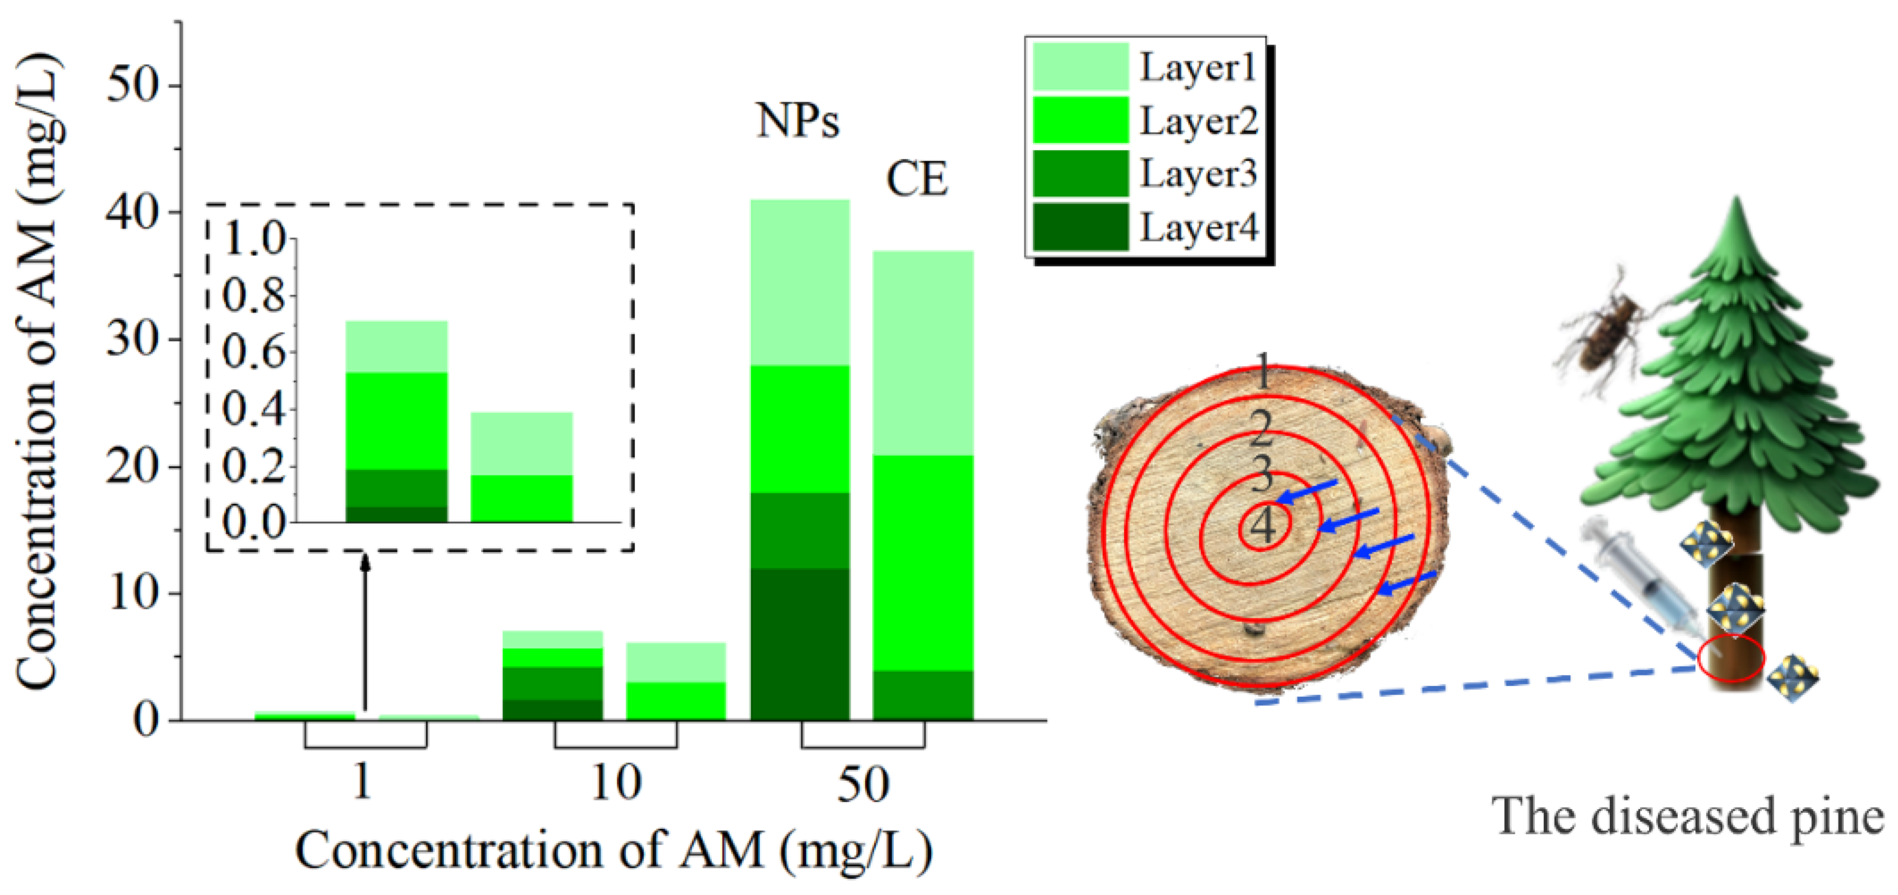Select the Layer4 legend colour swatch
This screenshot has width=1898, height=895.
1080,227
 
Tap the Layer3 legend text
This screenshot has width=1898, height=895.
1198,174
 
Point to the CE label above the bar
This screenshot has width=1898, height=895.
916,179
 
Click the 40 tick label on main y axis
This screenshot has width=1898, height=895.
133,214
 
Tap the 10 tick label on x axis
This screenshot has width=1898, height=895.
616,784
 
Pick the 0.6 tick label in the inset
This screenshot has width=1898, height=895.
254,353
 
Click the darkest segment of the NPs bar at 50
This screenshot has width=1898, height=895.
799,643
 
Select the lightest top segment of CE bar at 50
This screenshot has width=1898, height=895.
923,353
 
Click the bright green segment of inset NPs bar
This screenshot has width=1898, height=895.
396,421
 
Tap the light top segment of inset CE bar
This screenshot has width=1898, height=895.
521,443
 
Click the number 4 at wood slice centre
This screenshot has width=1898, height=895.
1263,526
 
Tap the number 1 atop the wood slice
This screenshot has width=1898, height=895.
1263,372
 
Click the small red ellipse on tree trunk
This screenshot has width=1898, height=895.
1731,658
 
